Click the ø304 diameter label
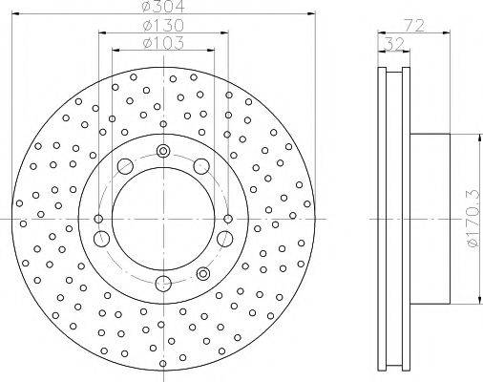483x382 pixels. pos(160,7)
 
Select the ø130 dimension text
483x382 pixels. pos(160,26)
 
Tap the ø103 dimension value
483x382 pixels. pos(160,43)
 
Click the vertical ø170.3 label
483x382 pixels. pos(471,220)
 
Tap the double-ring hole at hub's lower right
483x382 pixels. pos(202,274)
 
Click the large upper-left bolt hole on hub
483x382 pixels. pos(124,168)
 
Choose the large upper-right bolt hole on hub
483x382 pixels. pos(201,168)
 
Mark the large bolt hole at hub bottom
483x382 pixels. pos(162,282)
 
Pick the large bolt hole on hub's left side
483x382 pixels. pos(102,237)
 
